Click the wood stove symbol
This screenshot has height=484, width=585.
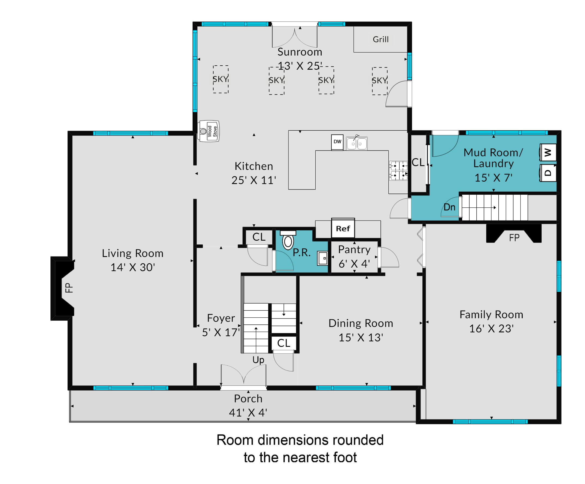(x=209, y=131)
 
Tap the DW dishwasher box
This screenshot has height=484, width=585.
(x=337, y=142)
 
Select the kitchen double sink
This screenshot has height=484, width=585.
(x=357, y=143)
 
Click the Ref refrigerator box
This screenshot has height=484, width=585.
(x=343, y=228)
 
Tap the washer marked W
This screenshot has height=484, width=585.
(x=548, y=152)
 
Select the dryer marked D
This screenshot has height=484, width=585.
(x=548, y=173)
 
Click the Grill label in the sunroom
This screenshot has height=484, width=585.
(x=380, y=39)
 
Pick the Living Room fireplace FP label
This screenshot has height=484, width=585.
(x=69, y=288)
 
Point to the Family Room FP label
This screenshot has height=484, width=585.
(x=514, y=238)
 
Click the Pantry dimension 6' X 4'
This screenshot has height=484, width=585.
(x=354, y=264)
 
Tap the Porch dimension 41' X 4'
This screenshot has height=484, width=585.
(x=248, y=412)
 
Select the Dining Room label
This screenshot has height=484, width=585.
(x=361, y=323)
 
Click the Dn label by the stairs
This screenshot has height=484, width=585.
(x=449, y=207)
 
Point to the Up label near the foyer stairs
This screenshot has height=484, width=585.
(x=258, y=360)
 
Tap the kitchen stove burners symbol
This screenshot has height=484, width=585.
(x=398, y=170)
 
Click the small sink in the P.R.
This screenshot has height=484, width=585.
(x=322, y=258)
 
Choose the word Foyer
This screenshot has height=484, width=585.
(x=221, y=318)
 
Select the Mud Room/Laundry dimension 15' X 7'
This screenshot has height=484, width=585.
(x=493, y=178)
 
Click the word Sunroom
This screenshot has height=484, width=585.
(x=300, y=52)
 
